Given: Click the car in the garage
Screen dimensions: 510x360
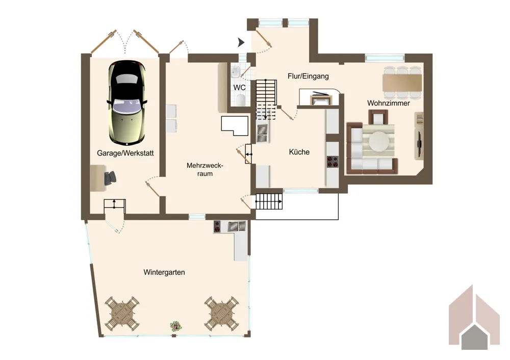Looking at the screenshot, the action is pos(126,102).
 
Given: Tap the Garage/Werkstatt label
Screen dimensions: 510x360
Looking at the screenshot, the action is pos(125,153).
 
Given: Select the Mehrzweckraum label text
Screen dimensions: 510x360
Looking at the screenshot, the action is pos(205,169).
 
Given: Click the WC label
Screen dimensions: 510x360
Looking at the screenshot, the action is pos(239,88).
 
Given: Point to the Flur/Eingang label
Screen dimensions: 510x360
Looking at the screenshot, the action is pos(308,76).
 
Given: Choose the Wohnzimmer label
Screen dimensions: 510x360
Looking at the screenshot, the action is pos(388,103).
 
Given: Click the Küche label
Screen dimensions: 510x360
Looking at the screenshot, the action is pos(299,152).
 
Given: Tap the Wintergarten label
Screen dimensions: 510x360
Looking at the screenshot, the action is pos(164,272).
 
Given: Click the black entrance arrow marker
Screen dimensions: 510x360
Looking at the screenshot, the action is pos(241,42).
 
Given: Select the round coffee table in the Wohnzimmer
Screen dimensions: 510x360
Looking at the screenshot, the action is pos(379,141).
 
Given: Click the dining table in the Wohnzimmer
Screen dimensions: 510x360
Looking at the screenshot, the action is pos(402,83).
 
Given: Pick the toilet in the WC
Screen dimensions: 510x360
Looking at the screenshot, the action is pos(241,100).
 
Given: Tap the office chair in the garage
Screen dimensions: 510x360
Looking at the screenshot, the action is pos(110,178).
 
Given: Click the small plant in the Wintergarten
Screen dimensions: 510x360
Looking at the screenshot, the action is pos(176,326).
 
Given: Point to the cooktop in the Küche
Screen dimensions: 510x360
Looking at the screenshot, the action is pos(333,162).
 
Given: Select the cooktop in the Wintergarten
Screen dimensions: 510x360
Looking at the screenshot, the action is pos(217,226).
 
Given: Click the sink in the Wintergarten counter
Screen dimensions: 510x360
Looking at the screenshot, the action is pos(237,226).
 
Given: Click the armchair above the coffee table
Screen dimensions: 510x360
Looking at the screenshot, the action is pos(378,117).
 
